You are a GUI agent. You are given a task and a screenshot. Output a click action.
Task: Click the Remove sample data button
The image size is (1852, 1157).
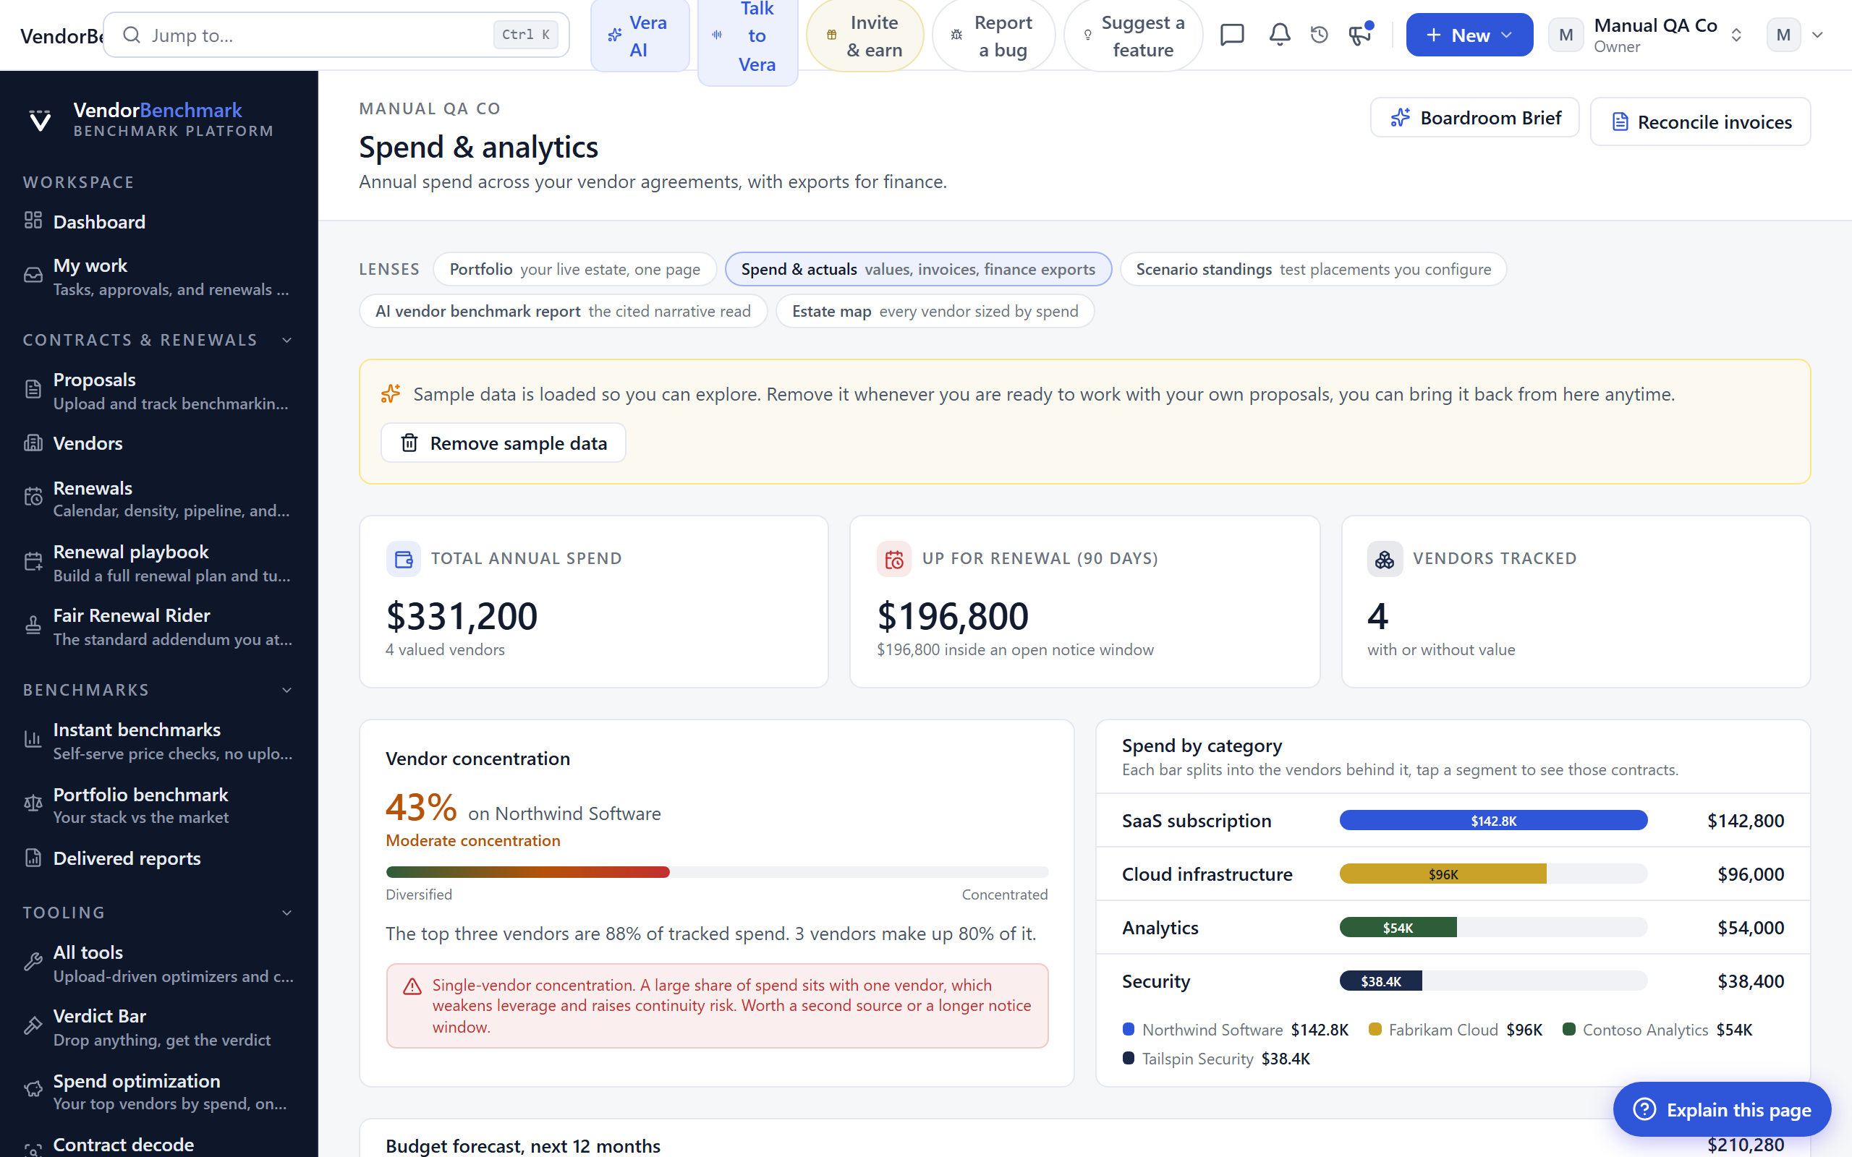pos(503,443)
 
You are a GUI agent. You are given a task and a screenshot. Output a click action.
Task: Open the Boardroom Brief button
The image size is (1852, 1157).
pos(1474,118)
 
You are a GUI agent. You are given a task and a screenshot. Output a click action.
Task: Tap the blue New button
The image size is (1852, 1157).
pos(1469,35)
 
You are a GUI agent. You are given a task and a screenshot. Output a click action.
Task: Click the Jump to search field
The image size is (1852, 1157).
pos(336,35)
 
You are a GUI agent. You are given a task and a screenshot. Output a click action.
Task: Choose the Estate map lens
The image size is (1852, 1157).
pos(935,312)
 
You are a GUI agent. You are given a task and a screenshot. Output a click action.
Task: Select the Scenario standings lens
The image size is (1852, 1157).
pos(1313,269)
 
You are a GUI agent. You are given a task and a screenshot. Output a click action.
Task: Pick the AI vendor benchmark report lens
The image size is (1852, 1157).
pos(563,312)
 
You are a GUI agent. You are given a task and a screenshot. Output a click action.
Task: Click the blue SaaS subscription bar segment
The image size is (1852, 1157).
pos(1493,820)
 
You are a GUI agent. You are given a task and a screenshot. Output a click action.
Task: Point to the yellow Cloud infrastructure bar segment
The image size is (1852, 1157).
pos(1443,874)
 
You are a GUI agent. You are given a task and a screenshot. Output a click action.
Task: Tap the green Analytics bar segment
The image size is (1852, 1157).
pos(1398,928)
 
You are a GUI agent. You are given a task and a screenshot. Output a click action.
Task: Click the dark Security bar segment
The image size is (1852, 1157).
pos(1380,981)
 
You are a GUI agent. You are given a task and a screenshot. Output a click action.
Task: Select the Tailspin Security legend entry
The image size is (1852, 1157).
pos(1216,1058)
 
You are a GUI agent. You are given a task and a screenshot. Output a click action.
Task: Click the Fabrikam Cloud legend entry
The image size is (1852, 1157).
pos(1455,1030)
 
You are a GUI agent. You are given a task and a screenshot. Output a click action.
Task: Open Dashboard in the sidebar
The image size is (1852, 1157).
pos(98,222)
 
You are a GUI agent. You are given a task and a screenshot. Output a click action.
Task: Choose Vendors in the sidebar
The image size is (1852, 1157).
pos(88,443)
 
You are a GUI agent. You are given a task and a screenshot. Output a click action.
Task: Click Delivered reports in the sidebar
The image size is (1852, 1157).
pos(127,858)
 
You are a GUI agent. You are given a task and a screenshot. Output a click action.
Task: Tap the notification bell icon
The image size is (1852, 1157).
pos(1280,35)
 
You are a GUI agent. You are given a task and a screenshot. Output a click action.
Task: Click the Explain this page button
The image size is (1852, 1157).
pos(1722,1109)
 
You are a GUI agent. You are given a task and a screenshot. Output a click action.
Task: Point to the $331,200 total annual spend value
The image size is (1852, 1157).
pos(462,616)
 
